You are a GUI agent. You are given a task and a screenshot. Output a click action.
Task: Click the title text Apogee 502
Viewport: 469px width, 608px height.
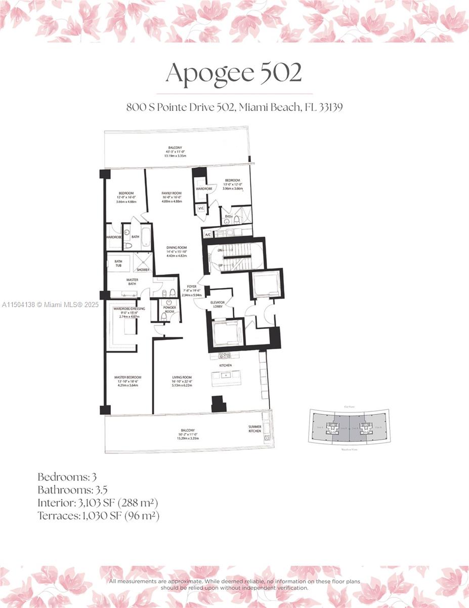click(x=234, y=73)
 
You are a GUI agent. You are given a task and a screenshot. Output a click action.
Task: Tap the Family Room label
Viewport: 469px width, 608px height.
click(x=172, y=193)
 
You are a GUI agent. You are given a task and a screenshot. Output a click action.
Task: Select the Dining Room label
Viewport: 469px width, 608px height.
click(x=177, y=247)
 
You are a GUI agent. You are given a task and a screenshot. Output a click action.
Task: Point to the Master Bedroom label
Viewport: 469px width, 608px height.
click(x=127, y=377)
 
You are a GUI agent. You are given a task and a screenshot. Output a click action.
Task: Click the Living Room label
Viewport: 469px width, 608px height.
click(x=182, y=377)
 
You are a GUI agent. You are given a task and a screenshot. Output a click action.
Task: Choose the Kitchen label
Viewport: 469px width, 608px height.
click(x=225, y=365)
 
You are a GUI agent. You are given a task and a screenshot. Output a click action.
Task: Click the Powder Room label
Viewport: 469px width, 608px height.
click(x=169, y=309)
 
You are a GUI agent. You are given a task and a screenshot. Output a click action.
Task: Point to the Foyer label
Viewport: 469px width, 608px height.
click(x=191, y=286)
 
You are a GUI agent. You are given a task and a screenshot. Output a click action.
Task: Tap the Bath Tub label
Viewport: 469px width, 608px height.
click(x=118, y=263)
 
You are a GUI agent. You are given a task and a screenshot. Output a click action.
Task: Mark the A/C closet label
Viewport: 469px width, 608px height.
click(x=207, y=235)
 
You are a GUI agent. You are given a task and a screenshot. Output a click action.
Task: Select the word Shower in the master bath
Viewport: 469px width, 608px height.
click(x=143, y=270)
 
